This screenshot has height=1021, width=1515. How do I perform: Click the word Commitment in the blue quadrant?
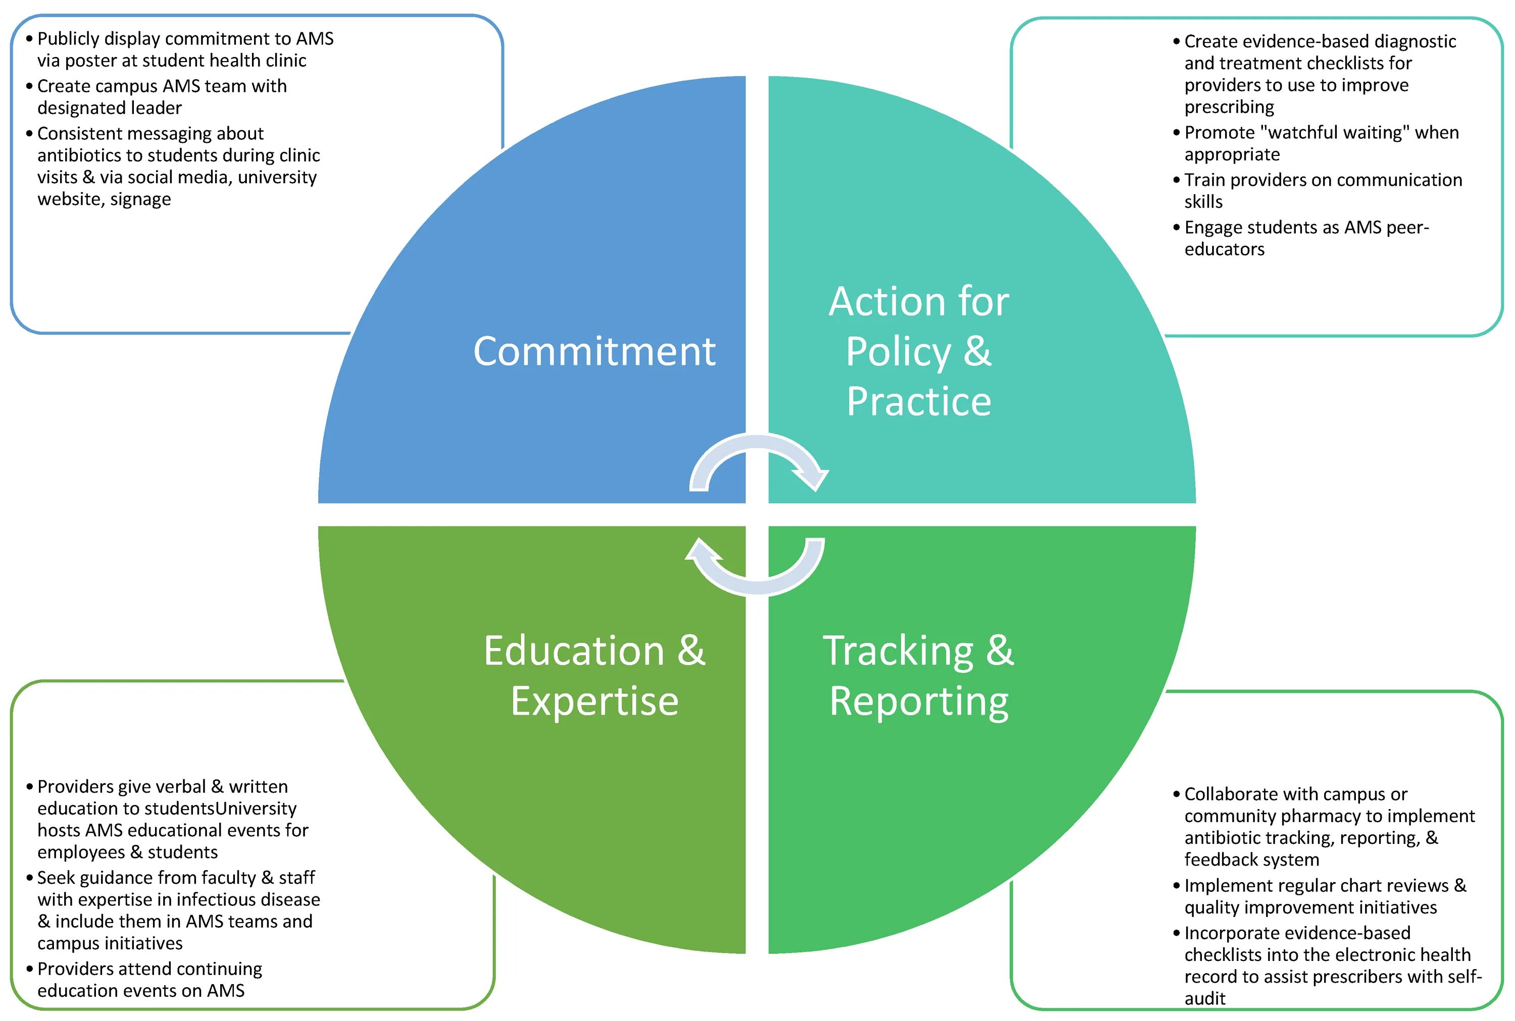tap(594, 352)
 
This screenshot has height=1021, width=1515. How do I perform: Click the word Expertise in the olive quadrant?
tap(594, 702)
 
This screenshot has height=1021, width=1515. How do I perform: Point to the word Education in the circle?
tap(573, 651)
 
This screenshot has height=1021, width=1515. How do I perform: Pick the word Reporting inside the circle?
tap(919, 702)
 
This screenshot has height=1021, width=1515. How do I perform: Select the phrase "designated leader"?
tap(110, 108)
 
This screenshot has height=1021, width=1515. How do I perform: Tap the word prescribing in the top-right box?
tap(1229, 107)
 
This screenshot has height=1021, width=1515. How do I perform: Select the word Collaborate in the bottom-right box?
tap(1230, 794)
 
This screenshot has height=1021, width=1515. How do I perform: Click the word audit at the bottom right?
tap(1204, 998)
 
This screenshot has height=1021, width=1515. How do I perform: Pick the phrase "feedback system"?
tap(1251, 859)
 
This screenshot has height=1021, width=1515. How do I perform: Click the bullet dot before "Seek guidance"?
tap(29, 878)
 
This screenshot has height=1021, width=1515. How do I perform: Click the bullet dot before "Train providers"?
tap(1176, 180)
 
